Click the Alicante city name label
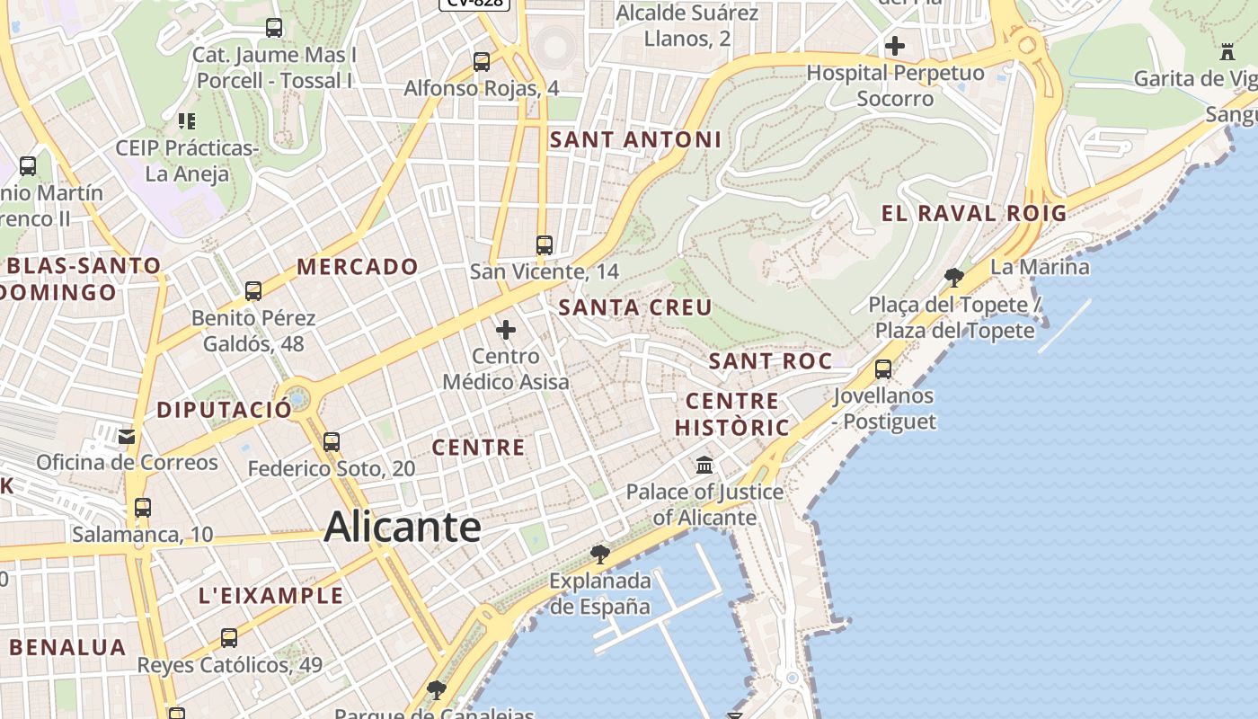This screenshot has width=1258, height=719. (402, 526)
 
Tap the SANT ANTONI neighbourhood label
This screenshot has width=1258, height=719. (635, 139)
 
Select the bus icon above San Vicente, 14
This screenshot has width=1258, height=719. (544, 244)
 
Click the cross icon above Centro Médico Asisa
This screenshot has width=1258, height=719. (506, 330)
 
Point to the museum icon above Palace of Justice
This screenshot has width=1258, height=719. (704, 466)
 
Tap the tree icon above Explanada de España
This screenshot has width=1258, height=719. (600, 555)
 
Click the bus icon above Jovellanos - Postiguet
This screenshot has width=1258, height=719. (883, 368)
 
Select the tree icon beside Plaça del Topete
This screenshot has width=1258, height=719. (954, 278)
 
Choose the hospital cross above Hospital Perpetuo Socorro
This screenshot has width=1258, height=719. (895, 46)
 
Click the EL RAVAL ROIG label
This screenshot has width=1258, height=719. (974, 213)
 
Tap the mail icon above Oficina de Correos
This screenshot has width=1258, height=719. (127, 437)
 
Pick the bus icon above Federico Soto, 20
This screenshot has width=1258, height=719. (332, 441)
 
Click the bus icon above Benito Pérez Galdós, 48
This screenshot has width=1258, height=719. (253, 290)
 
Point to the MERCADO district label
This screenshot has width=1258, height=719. (358, 266)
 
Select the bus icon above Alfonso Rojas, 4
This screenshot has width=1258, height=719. (482, 62)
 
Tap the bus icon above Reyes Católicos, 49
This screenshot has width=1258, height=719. (229, 638)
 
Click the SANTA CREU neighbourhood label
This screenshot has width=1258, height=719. (635, 307)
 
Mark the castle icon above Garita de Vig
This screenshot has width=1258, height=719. (1227, 51)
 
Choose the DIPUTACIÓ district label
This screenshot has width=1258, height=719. (224, 410)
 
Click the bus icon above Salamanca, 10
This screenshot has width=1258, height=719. (142, 507)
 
